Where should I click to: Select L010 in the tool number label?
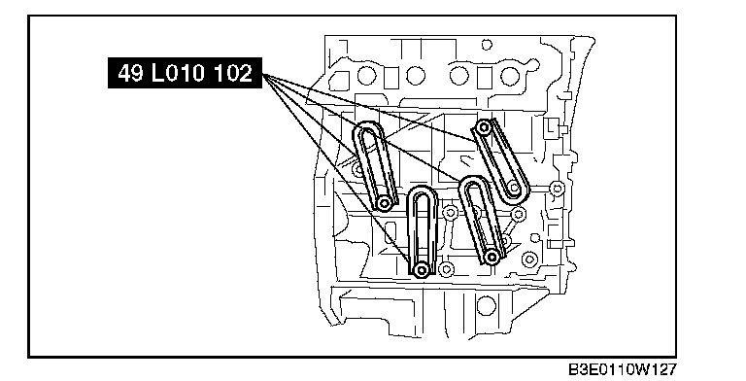tap(178, 73)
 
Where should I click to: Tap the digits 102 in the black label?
tap(232, 73)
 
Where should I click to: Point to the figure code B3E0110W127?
tap(622, 369)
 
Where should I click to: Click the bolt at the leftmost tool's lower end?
tap(384, 204)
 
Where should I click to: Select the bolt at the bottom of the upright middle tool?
tap(421, 270)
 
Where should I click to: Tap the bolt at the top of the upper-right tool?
tap(484, 127)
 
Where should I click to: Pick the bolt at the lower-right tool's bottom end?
tap(492, 258)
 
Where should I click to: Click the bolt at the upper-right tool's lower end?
tap(514, 189)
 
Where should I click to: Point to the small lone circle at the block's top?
tap(487, 45)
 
